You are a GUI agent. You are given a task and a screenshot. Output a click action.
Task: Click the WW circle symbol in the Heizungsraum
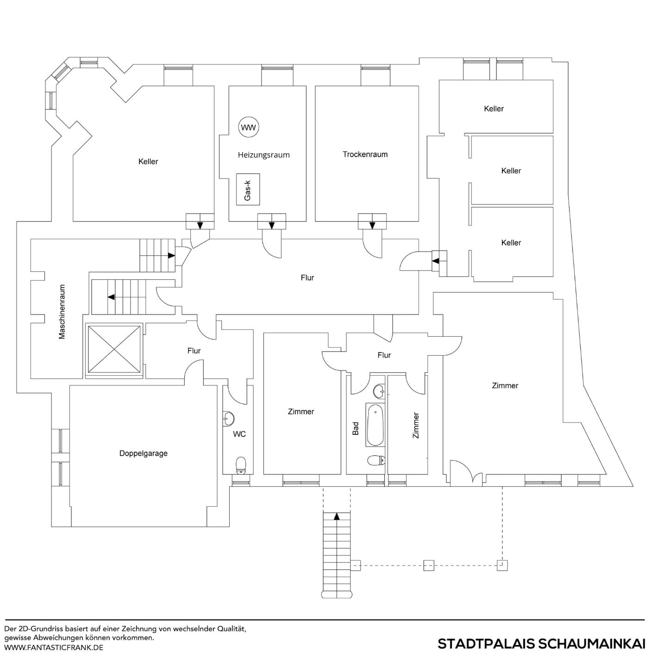tap(249, 127)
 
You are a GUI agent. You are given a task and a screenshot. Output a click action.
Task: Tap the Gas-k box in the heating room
tap(248, 189)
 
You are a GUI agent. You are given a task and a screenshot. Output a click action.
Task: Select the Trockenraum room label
tap(365, 154)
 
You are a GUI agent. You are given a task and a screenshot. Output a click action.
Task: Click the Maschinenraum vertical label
tap(62, 312)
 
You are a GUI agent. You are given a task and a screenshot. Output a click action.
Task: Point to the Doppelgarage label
tap(144, 453)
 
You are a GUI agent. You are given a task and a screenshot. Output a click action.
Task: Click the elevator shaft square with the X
tap(114, 349)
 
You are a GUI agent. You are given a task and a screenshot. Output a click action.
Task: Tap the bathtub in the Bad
tap(375, 425)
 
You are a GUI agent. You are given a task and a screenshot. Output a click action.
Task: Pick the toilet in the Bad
tap(376, 460)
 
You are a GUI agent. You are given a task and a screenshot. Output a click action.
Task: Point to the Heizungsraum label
tap(263, 155)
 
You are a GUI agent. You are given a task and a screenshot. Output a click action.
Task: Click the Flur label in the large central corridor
tap(307, 277)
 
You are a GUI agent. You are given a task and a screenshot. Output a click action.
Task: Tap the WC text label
tap(239, 434)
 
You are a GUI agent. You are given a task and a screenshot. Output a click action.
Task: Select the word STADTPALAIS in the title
tap(486, 644)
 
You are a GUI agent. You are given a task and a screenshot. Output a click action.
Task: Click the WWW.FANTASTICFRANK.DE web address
tap(54, 648)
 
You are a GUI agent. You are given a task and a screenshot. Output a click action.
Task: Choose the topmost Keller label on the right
tap(494, 108)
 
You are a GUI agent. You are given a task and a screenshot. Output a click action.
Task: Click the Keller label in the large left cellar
tap(148, 161)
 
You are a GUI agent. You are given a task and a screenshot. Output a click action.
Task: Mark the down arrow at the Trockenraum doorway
tap(372, 225)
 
